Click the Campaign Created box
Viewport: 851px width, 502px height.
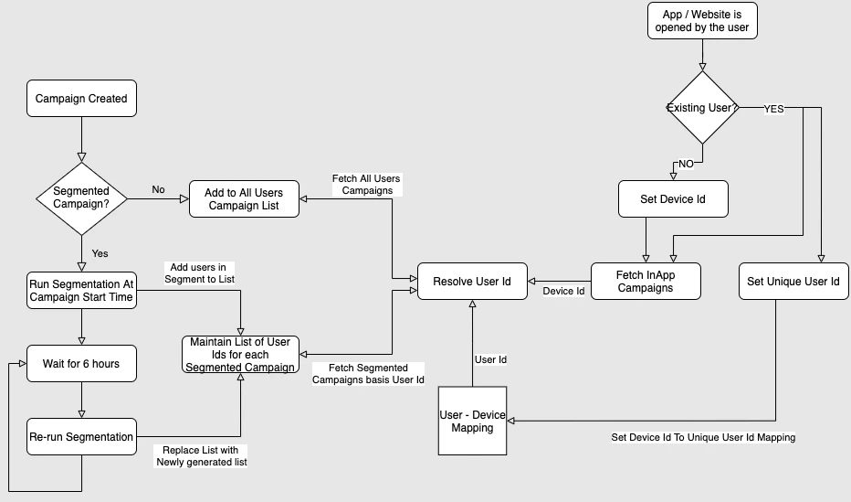coord(81,99)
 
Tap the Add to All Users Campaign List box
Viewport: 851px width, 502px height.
coord(244,199)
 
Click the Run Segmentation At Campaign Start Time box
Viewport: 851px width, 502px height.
coord(81,291)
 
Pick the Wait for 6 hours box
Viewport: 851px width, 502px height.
coord(81,364)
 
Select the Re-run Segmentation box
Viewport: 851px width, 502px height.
coord(81,437)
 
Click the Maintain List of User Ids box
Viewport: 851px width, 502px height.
coord(240,355)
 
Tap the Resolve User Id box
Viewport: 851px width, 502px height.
coord(472,282)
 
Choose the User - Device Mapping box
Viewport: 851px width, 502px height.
coord(472,421)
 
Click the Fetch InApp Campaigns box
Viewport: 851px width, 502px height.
coord(646,281)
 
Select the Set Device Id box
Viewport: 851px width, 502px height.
coord(673,198)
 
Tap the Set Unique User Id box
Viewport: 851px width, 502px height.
coord(793,282)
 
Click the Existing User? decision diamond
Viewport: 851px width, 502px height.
coord(702,108)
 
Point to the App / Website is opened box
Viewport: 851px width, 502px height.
coord(702,20)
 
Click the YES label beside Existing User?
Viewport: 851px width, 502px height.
coord(773,108)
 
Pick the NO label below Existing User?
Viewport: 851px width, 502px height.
coord(685,165)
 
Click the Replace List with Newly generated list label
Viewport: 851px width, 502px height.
coord(201,455)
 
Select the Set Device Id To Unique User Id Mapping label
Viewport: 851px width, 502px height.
coord(702,437)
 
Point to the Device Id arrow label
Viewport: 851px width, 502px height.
coord(563,292)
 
